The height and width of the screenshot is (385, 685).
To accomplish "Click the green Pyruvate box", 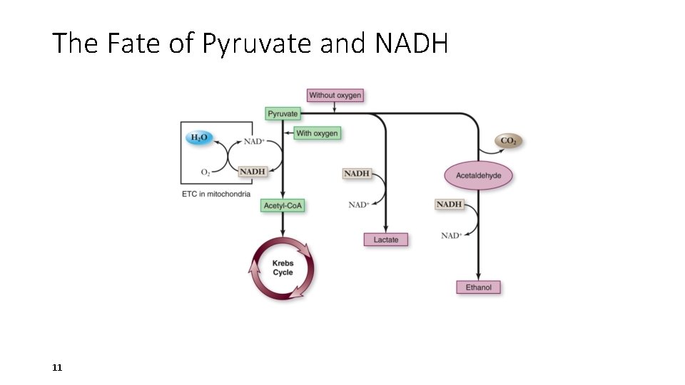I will (x=283, y=113).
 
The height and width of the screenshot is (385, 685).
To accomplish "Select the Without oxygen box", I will (x=335, y=95).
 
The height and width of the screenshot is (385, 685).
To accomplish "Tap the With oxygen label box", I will (x=317, y=133).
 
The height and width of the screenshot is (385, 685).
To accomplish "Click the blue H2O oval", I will (x=199, y=138).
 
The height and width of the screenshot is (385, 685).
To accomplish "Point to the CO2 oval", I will (x=509, y=141).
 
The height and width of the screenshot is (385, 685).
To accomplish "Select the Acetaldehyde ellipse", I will (x=478, y=175).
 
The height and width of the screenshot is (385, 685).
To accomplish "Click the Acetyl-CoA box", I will (x=283, y=206).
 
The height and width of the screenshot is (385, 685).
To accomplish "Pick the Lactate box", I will (x=386, y=240).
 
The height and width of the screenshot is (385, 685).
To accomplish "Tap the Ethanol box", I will (x=478, y=287).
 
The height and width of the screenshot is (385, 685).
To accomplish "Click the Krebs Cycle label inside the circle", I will (x=283, y=268).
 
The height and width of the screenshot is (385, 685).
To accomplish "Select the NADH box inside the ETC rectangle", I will (x=252, y=172).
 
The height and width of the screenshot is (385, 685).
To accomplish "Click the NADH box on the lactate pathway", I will (x=357, y=173).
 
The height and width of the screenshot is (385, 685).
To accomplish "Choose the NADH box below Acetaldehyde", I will (x=449, y=205).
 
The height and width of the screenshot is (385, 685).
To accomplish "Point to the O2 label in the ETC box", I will (x=205, y=173).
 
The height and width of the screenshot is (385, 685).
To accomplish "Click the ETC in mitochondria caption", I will (x=215, y=194).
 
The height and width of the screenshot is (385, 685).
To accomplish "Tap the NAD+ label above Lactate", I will (x=359, y=205).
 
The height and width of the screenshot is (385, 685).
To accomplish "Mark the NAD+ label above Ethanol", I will (x=451, y=235).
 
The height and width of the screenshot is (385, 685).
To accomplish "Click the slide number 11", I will (x=58, y=368).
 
